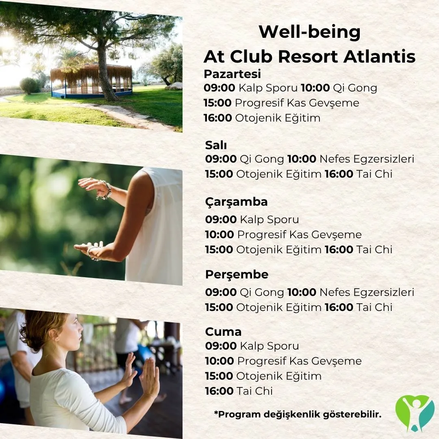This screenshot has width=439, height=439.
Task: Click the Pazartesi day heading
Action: (x=232, y=74)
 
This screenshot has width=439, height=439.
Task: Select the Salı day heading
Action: (x=216, y=145)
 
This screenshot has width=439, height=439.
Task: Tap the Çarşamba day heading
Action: (x=236, y=202)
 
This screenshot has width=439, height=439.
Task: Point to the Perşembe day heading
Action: (x=237, y=275)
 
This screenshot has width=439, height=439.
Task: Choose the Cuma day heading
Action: (x=223, y=332)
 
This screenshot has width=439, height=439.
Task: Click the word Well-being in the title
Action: (x=309, y=32)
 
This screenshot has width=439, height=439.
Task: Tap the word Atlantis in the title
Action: (x=379, y=57)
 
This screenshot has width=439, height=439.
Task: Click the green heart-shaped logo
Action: (x=415, y=413)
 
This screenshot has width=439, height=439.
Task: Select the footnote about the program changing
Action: (x=298, y=414)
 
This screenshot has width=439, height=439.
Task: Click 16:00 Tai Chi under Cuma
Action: (x=239, y=391)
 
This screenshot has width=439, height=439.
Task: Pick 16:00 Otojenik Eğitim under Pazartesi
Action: (x=262, y=118)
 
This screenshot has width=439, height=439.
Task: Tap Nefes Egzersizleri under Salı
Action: (x=367, y=159)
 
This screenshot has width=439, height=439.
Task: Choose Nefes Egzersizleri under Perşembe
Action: (x=367, y=292)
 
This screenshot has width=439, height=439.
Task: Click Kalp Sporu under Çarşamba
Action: (x=269, y=220)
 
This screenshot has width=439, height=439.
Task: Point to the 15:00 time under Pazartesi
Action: (x=217, y=103)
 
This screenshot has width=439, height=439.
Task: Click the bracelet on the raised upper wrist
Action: (x=106, y=190)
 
